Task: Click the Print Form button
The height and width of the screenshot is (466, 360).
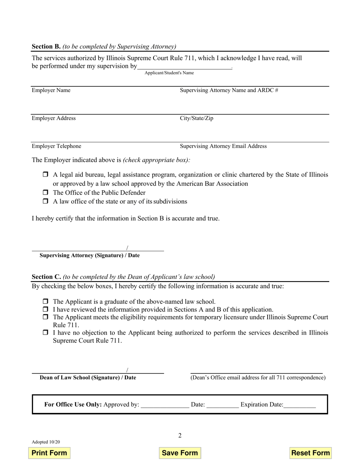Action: coord(49,453)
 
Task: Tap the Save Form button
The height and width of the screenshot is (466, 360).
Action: coord(180,453)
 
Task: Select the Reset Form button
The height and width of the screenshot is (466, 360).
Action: coord(310,453)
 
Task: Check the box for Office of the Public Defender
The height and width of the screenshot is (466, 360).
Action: coord(45,192)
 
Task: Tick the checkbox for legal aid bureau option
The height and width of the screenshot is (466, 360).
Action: coord(45,175)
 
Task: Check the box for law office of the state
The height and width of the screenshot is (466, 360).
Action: coord(45,201)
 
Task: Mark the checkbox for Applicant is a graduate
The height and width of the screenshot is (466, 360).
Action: coord(45,302)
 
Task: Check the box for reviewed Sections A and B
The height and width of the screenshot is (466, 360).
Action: coord(45,310)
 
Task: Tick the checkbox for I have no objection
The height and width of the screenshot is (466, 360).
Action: coord(45,333)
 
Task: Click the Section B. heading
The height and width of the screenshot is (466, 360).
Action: coord(46,47)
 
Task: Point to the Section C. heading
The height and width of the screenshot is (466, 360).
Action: coord(46,277)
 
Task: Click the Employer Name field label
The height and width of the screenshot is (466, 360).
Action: coord(51,90)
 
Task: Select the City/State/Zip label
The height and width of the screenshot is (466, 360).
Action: coord(196,118)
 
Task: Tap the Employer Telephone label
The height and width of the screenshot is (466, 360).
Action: coord(56,146)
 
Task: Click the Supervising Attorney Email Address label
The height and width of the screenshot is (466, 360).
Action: coord(223,146)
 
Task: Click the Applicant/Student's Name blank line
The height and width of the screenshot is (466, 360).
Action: coord(184,67)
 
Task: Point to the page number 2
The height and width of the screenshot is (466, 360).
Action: coord(180,435)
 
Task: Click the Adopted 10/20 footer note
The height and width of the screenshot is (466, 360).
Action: coord(45,442)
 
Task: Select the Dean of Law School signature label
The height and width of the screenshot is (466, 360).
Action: coord(88,378)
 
